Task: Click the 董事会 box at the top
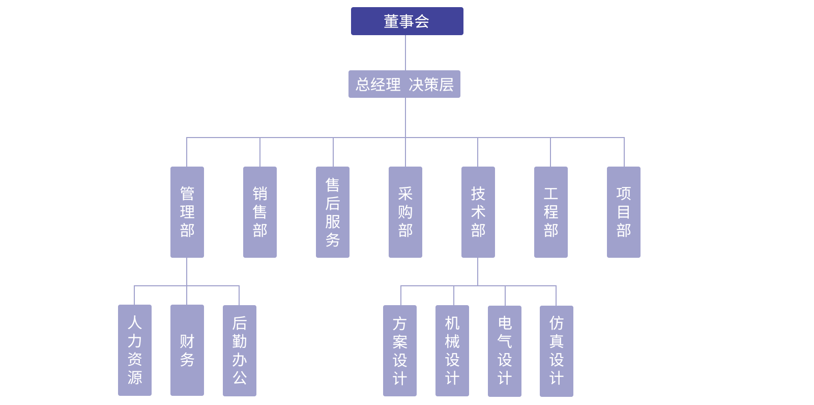407,21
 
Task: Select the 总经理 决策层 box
404,84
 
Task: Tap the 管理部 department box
187,211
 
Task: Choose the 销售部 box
260,211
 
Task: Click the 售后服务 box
333,211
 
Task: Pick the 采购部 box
405,211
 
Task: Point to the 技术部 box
478,211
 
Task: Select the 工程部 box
551,211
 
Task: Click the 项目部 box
624,211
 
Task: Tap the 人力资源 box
135,350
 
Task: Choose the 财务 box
187,350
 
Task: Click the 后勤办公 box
240,350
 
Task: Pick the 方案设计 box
400,350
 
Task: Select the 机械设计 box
452,350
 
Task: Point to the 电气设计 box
505,350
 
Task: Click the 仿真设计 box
557,350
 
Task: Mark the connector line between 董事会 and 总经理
405,52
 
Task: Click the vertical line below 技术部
478,272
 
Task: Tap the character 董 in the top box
391,21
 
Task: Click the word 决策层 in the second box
431,85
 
